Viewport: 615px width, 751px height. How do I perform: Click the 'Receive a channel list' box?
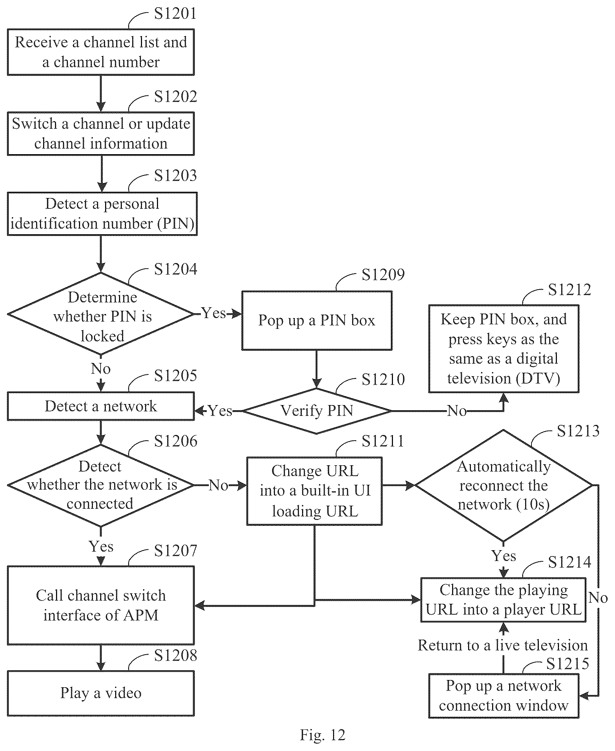tap(101, 52)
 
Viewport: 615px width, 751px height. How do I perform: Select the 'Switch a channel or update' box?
tap(101, 134)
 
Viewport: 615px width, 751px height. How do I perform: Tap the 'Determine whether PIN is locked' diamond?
tap(101, 314)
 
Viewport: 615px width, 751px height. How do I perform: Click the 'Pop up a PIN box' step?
tap(317, 321)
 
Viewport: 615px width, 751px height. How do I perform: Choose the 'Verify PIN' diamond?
tap(317, 411)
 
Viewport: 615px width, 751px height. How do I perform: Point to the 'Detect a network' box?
tap(101, 406)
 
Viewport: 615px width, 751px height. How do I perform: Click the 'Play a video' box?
tap(101, 693)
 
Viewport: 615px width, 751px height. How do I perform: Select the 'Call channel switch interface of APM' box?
tap(101, 605)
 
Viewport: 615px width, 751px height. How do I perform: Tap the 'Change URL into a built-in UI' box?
tap(315, 491)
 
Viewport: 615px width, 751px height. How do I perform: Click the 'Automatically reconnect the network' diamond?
tap(503, 485)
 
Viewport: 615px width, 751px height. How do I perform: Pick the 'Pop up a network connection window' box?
tap(503, 696)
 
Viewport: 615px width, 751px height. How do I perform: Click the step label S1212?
tap(569, 290)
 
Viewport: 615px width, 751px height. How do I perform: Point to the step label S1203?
tap(175, 175)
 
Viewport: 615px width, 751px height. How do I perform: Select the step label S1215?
tap(568, 664)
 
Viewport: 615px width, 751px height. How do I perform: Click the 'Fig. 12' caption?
tap(322, 735)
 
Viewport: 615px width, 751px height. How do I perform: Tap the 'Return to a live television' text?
tap(503, 645)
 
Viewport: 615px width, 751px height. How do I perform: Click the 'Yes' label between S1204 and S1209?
tap(214, 313)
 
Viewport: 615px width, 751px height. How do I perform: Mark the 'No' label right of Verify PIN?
tap(457, 411)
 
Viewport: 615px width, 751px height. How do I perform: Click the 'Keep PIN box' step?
tap(503, 349)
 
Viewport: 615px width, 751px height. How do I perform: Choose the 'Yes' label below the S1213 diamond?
tap(504, 555)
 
